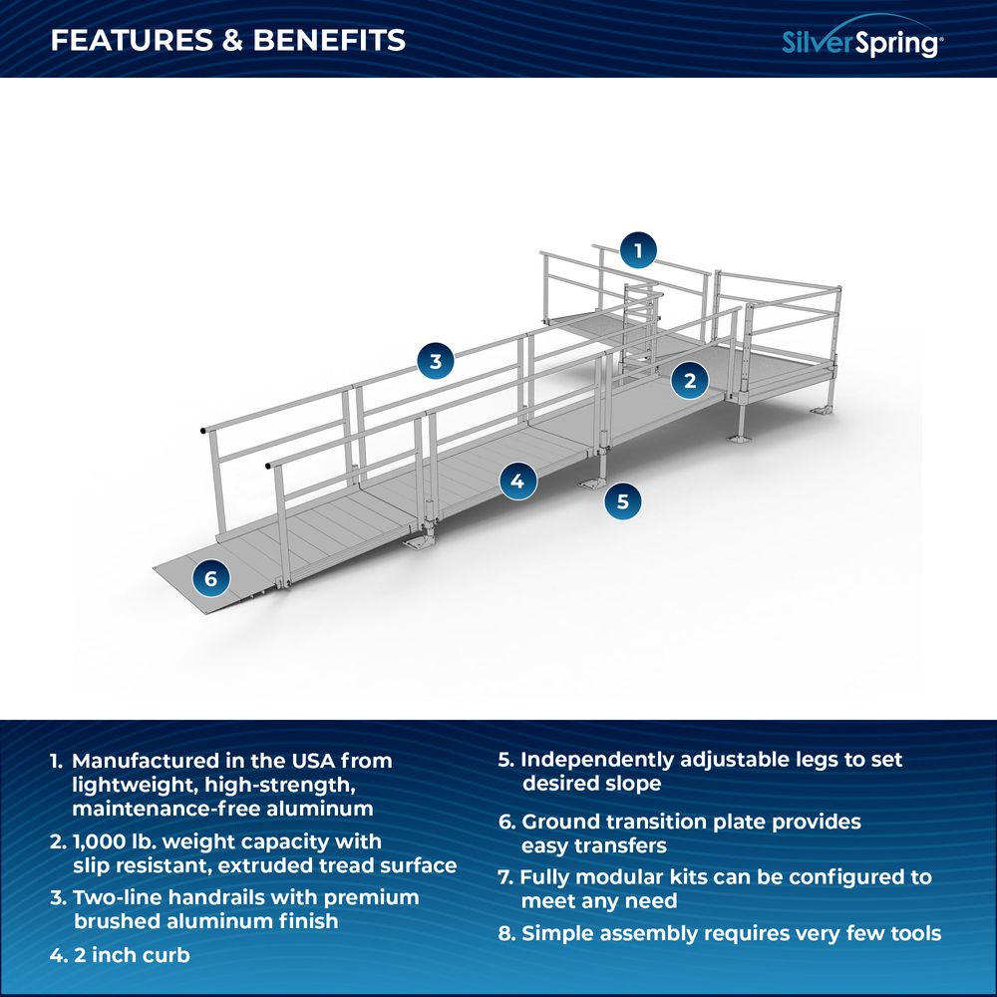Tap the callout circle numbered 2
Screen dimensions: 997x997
click(689, 379)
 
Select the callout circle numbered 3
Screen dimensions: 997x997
click(435, 361)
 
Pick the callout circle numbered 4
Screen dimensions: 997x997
click(516, 482)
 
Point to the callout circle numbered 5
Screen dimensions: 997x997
click(623, 501)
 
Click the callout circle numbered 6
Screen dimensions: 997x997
click(210, 577)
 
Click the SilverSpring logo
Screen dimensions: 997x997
click(859, 42)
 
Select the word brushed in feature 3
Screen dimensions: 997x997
click(115, 921)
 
